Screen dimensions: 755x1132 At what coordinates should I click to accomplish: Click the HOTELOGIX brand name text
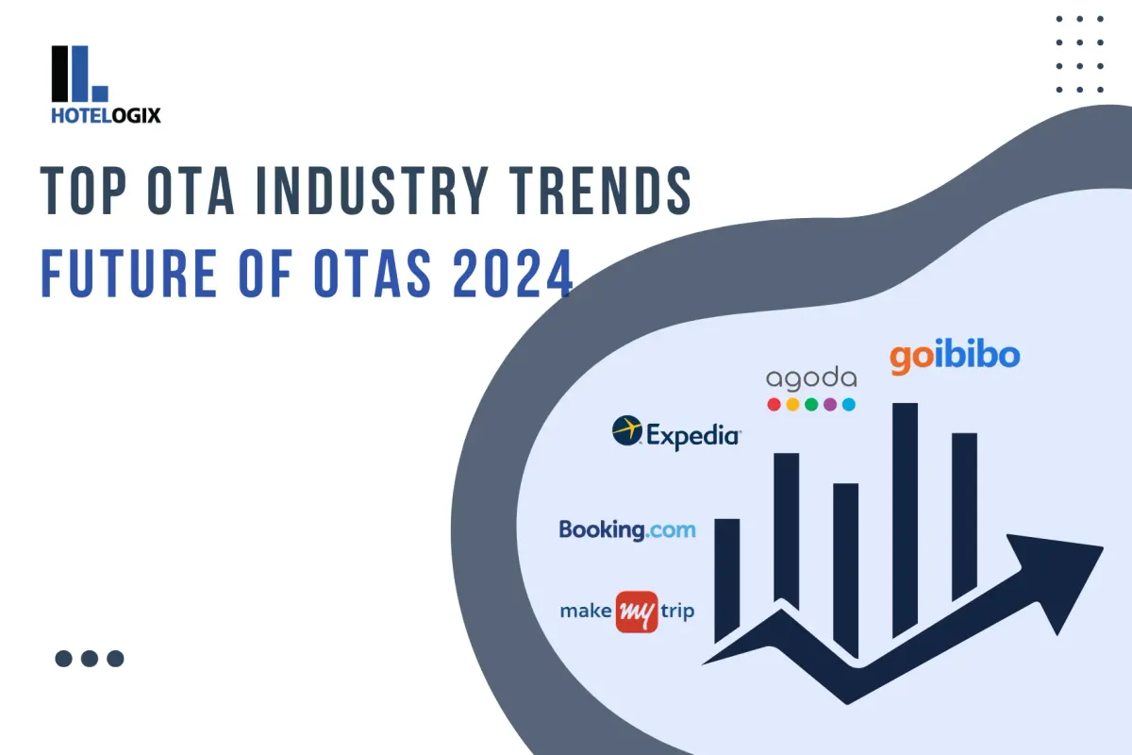[x=106, y=115]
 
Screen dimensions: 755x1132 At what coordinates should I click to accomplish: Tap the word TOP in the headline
[x=85, y=193]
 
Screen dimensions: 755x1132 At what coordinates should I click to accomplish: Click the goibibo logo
[x=954, y=357]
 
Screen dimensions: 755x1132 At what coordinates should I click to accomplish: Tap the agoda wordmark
[x=811, y=379]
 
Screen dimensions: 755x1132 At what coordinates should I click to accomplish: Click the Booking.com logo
[x=627, y=529]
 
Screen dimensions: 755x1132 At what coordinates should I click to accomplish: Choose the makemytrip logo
[x=627, y=612]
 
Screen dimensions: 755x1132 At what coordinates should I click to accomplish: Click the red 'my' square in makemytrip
[x=636, y=612]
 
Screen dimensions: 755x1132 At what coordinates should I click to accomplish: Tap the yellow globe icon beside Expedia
[x=626, y=430]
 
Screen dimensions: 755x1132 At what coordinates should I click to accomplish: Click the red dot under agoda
[x=774, y=405]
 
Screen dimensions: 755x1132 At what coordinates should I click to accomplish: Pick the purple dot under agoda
[x=829, y=405]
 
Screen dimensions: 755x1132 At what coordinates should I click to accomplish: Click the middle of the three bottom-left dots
[x=90, y=659]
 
